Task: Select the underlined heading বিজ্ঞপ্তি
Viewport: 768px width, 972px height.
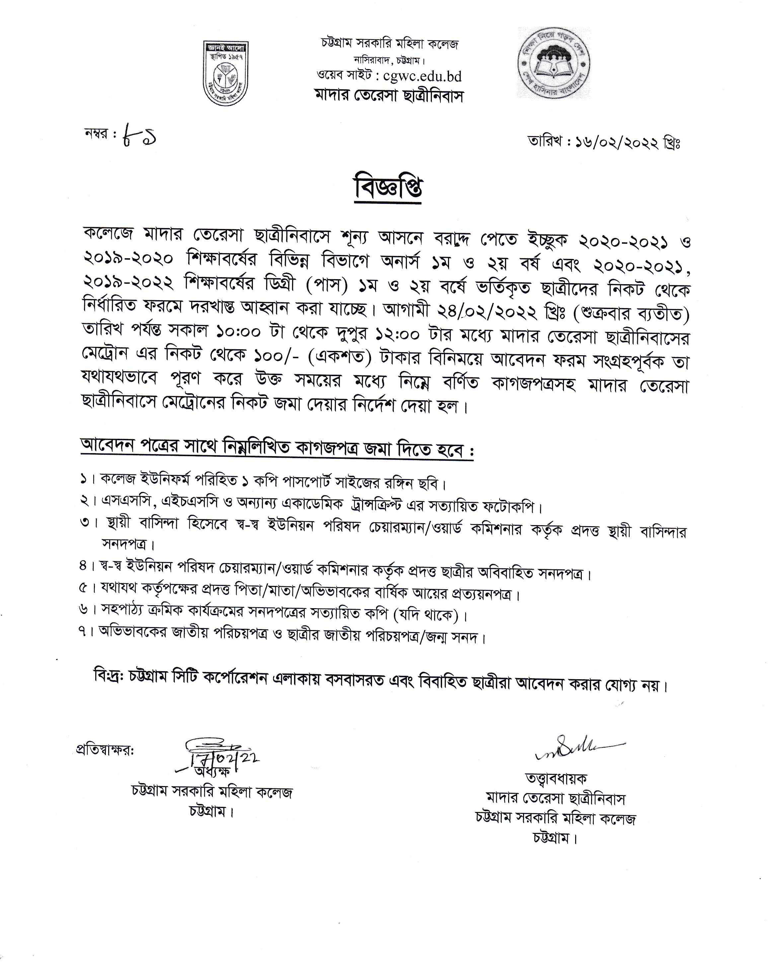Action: [388, 190]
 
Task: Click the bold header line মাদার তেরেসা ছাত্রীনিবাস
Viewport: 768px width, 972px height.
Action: [388, 96]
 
